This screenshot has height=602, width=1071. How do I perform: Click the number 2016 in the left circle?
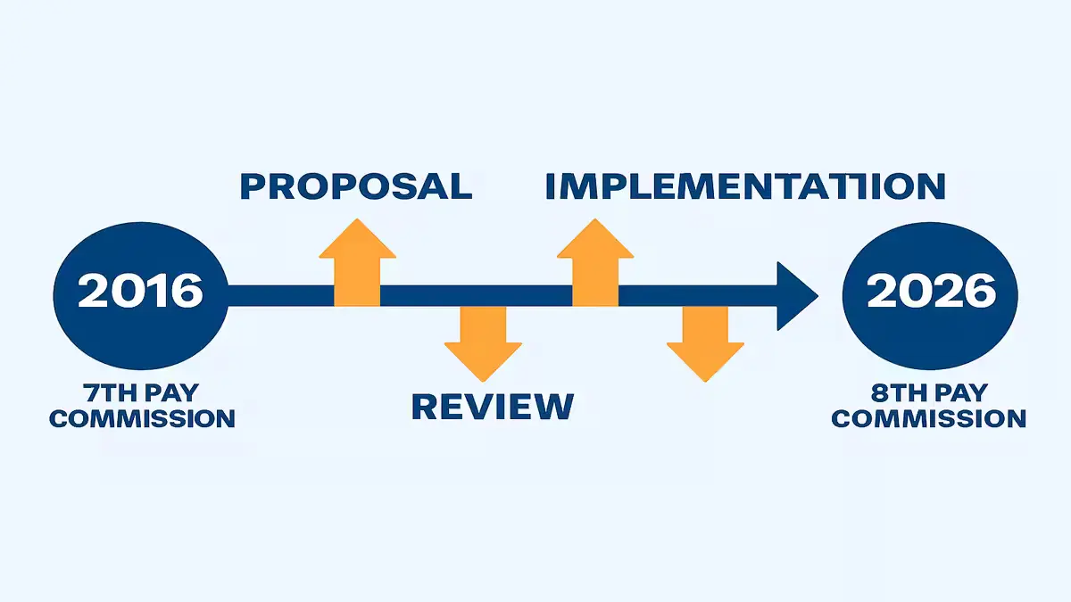(x=140, y=292)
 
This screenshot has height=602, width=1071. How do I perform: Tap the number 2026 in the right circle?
(x=931, y=292)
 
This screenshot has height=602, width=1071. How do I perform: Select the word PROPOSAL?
(x=355, y=186)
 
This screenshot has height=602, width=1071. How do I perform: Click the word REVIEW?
(x=492, y=406)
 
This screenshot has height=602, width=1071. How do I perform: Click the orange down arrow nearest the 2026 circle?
(x=705, y=342)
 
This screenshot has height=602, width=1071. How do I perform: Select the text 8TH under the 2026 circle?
(x=893, y=393)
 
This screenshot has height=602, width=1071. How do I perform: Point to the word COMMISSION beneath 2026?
(x=928, y=417)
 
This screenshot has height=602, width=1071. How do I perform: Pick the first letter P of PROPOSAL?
(x=254, y=186)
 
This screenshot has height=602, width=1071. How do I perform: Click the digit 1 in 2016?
(x=155, y=292)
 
